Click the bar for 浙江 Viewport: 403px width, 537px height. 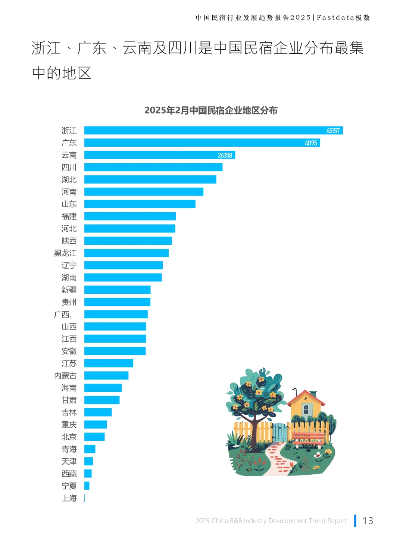tap(213, 131)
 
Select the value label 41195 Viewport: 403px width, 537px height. tap(310, 143)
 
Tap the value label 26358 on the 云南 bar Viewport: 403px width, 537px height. tap(225, 155)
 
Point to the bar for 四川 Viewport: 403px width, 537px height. tap(153, 167)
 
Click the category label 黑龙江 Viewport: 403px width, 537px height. tap(65, 253)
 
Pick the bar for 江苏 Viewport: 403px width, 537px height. tap(109, 363)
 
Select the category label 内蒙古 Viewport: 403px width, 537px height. tap(65, 376)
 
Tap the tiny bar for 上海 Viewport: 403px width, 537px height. tap(85, 498)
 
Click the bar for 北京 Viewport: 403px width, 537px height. tap(94, 437)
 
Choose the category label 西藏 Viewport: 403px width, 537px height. tap(69, 474)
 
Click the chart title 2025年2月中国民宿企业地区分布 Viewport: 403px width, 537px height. tap(211, 110)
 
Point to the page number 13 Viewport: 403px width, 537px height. tap(368, 521)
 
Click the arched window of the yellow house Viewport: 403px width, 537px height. tap(306, 409)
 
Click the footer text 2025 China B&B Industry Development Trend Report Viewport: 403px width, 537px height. tap(271, 521)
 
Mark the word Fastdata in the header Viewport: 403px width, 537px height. tap(335, 18)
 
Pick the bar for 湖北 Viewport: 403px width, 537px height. tap(150, 179)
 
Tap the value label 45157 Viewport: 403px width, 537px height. tap(333, 131)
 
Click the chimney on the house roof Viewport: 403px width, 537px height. tap(313, 394)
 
